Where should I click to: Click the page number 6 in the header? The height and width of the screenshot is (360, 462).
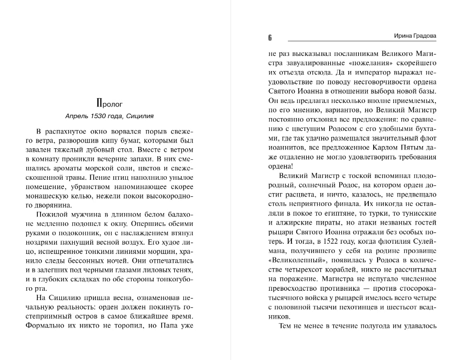coord(270,37)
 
